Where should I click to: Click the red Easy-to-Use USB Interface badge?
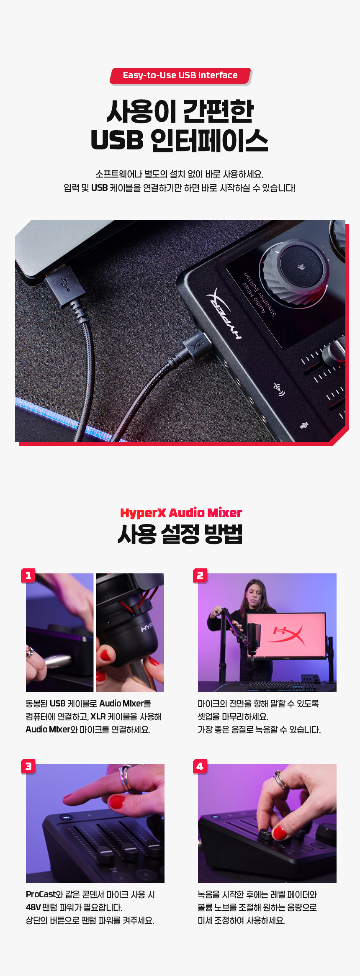(180, 76)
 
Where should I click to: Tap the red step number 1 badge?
(28, 575)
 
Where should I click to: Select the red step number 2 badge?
(200, 575)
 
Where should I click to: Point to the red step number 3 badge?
(28, 766)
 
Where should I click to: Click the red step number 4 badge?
(200, 766)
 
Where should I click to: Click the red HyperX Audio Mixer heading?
(181, 513)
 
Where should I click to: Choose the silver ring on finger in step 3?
(125, 778)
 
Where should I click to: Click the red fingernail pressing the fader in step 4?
(279, 833)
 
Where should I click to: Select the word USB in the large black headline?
(117, 140)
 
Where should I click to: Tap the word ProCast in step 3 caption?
(41, 894)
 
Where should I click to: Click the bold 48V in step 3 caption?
(33, 907)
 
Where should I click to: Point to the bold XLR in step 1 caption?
(98, 717)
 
